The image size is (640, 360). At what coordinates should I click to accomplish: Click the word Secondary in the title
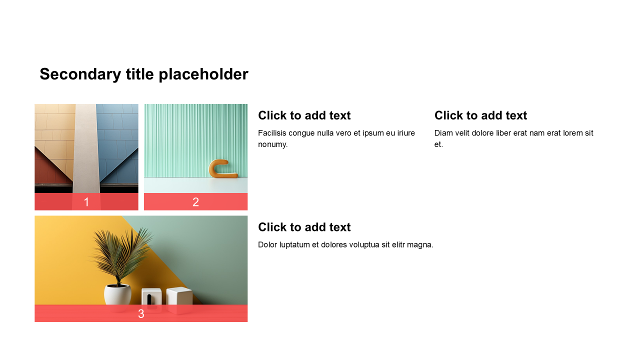tap(80, 74)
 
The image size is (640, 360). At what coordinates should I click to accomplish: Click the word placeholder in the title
tap(203, 74)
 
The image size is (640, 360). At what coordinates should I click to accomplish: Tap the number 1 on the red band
tap(86, 202)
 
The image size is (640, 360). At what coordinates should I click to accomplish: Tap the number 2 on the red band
tap(195, 202)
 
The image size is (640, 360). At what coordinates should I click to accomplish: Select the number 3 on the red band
tap(141, 313)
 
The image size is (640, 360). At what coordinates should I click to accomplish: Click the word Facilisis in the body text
tap(272, 133)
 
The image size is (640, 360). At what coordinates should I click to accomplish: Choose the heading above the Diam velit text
tap(481, 115)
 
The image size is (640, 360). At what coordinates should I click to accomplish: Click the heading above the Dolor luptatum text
tap(304, 227)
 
